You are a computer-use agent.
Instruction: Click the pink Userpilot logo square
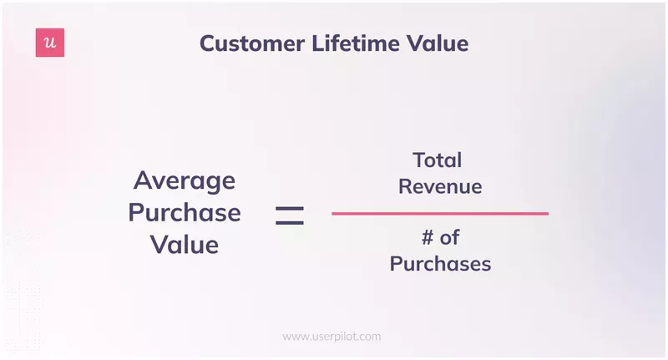click(x=50, y=43)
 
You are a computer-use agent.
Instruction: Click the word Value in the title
click(x=438, y=44)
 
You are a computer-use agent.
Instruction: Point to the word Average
click(x=185, y=180)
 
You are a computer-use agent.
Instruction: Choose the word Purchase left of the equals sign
click(x=185, y=213)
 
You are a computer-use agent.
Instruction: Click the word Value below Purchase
click(x=185, y=245)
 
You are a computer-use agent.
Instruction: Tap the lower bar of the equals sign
click(x=290, y=222)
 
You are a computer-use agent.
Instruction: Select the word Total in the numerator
click(x=437, y=160)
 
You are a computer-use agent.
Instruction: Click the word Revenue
click(x=440, y=186)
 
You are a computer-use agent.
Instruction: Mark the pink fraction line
click(x=440, y=214)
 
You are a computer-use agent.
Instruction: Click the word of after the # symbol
click(x=450, y=238)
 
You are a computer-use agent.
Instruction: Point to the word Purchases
click(x=440, y=265)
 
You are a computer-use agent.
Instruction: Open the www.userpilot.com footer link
click(x=331, y=337)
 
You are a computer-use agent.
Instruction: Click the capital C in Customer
click(x=208, y=44)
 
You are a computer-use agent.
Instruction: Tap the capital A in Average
click(x=142, y=180)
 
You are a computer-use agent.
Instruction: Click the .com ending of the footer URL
click(x=368, y=337)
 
